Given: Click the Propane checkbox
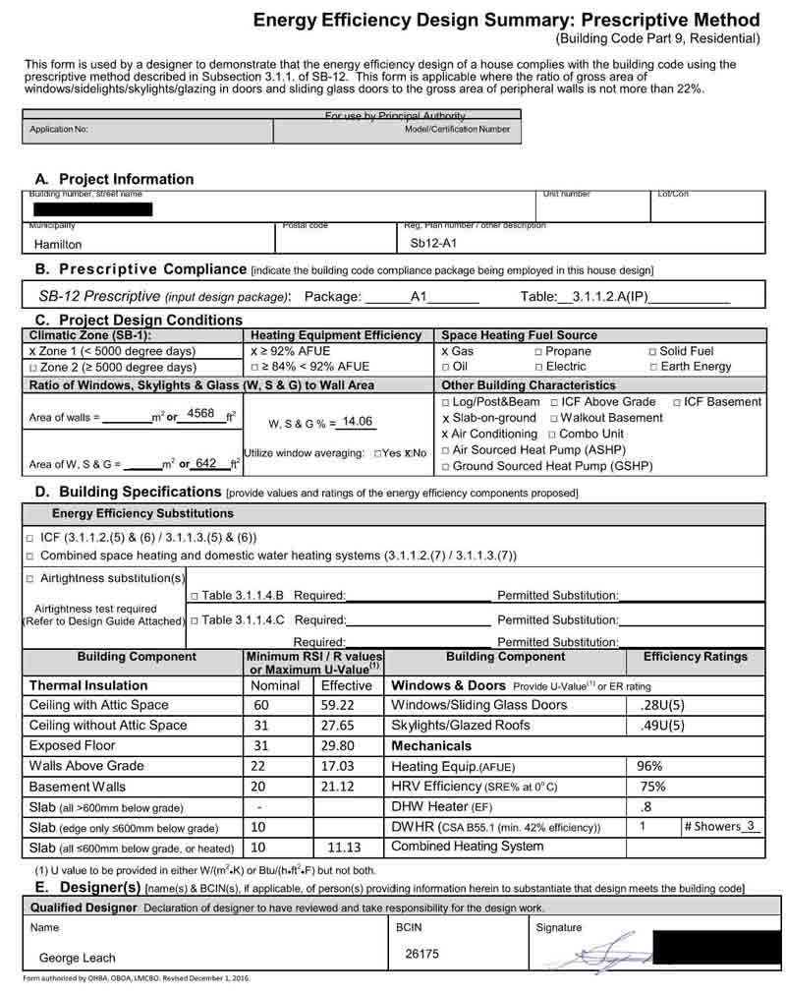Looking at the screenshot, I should [x=538, y=351].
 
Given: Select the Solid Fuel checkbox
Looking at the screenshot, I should [x=653, y=351].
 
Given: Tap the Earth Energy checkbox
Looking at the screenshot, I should [x=653, y=367].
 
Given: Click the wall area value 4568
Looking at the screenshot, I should [x=200, y=413].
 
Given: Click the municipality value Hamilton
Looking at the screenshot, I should [x=58, y=245].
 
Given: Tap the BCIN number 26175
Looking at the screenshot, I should [x=422, y=953].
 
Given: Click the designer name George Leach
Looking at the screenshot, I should [x=77, y=958].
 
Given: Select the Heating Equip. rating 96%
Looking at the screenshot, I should [x=650, y=766].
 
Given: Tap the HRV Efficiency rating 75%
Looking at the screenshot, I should [x=652, y=787].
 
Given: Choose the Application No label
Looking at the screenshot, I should [x=59, y=130].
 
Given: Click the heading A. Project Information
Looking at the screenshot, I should [x=114, y=179].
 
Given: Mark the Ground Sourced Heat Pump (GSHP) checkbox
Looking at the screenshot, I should [x=446, y=466].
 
